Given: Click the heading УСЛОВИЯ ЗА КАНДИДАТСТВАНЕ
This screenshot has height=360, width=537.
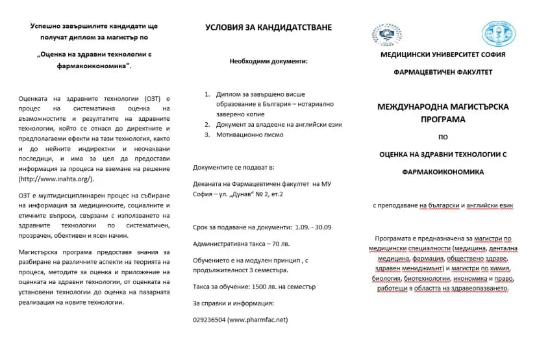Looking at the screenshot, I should [268, 27].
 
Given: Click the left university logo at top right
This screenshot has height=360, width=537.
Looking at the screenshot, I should [387, 35].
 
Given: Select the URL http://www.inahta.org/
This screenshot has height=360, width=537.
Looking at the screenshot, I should [56, 178].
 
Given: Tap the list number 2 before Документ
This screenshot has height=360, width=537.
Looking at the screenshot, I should [207, 124].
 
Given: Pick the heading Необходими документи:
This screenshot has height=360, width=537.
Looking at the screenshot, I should [268, 62].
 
